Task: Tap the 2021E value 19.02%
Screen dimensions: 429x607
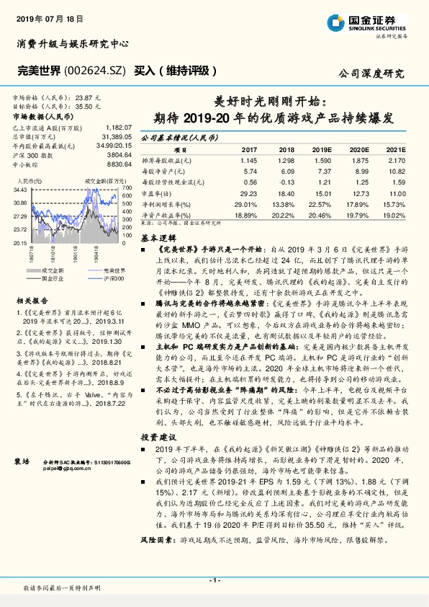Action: (x=393, y=214)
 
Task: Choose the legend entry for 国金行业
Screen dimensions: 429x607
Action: (x=52, y=277)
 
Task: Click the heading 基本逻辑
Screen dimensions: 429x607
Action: (x=158, y=237)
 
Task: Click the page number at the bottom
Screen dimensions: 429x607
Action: (x=214, y=580)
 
